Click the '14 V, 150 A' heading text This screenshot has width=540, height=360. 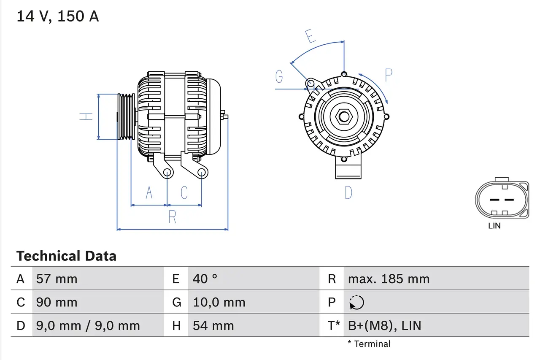tap(58, 16)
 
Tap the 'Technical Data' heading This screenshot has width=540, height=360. tap(66, 256)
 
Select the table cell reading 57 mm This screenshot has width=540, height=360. tap(57, 279)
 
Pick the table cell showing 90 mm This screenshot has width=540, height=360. tap(57, 302)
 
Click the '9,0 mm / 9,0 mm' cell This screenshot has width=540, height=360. tap(88, 325)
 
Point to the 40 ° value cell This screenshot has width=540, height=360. tap(205, 279)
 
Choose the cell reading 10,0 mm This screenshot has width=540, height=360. tap(219, 302)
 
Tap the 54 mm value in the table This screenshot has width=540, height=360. tap(213, 325)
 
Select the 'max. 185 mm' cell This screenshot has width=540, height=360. tap(389, 279)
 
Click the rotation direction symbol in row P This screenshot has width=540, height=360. tap(356, 302)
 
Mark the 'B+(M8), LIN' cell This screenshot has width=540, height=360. tap(384, 325)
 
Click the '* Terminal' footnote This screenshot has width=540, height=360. tap(369, 344)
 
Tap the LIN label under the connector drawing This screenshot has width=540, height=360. tap(494, 226)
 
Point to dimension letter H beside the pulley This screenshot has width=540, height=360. tap(86, 116)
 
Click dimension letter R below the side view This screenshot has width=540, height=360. tap(172, 217)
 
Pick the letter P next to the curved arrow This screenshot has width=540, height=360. tap(389, 75)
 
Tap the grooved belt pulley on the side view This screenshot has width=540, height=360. tap(126, 116)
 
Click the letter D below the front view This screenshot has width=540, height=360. tap(348, 193)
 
